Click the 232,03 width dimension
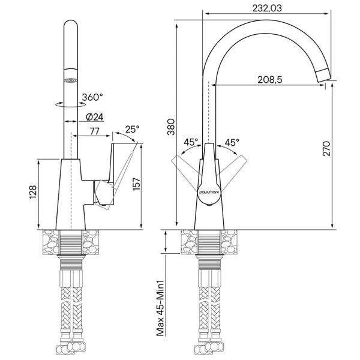(x=267, y=8)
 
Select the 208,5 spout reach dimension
(x=270, y=80)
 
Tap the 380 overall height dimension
(x=171, y=127)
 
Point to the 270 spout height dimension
(x=326, y=149)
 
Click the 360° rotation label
(x=92, y=97)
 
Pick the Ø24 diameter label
(x=95, y=117)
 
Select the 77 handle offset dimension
(x=95, y=131)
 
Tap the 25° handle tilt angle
(x=132, y=129)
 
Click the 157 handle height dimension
(x=136, y=184)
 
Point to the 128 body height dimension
(x=33, y=192)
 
